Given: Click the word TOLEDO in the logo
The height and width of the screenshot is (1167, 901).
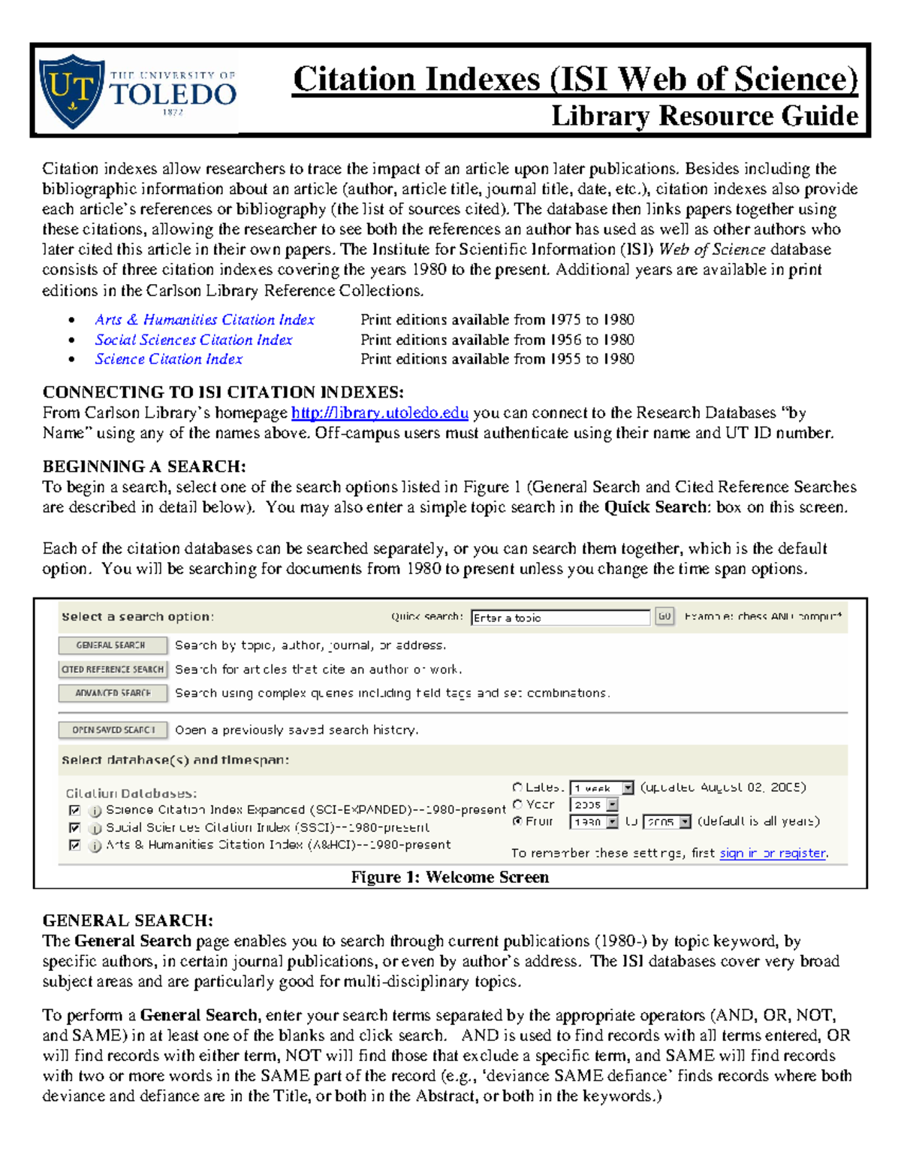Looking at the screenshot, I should coord(173,95).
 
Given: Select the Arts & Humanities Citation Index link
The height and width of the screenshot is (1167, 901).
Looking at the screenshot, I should coord(204,320).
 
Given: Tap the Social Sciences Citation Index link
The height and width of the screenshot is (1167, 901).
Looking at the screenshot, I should coord(194,340).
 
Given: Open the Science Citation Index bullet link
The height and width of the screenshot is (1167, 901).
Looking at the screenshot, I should coord(168,360).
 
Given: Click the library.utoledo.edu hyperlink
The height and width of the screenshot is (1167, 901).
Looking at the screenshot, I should coord(379,413).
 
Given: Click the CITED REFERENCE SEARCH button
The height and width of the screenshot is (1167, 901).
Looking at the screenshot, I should coord(113,670).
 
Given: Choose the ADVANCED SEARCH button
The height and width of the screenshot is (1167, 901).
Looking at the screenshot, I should coord(113,693).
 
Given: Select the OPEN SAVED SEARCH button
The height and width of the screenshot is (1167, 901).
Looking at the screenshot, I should coord(113,730).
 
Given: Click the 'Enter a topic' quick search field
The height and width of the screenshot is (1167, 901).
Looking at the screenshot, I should coord(559,618).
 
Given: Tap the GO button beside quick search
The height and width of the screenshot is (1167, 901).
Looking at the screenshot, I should coord(664,616).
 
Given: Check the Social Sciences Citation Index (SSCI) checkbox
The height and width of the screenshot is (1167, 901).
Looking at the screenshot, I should coord(74,827).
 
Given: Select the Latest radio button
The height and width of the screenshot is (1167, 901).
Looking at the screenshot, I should coord(517,788).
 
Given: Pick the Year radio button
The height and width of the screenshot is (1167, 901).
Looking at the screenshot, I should coord(517,804).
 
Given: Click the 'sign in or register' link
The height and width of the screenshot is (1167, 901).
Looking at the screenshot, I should coord(773,853).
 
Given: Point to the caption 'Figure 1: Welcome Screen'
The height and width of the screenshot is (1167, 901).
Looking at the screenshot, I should coord(450,877).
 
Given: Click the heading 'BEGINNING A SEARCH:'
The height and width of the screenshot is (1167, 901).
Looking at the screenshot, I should coord(144,467).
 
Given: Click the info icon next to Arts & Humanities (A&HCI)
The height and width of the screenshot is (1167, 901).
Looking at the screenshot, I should coord(95,846).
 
